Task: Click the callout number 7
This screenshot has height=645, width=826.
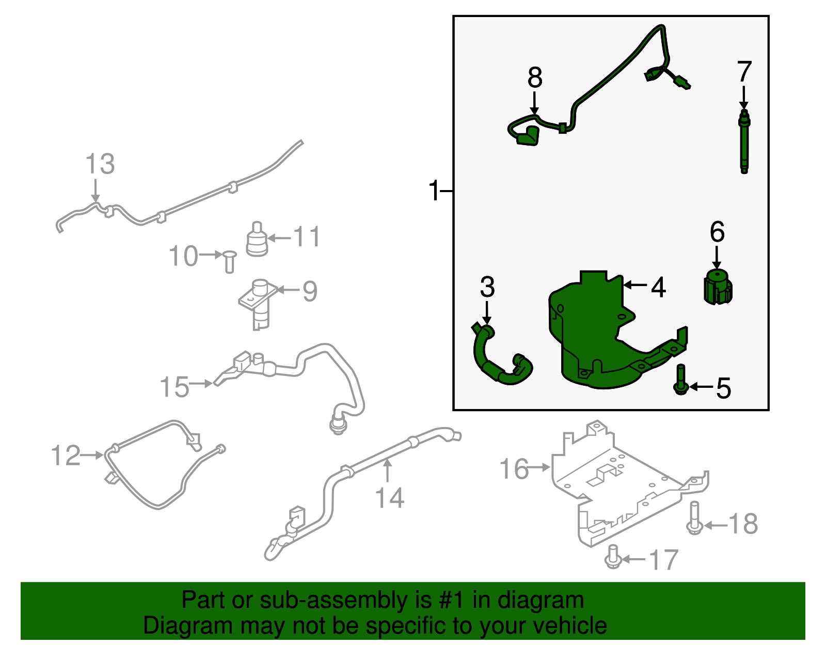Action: pos(744,72)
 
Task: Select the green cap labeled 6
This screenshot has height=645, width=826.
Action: pos(718,288)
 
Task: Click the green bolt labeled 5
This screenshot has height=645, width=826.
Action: pos(681,381)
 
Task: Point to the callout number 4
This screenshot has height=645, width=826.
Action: pos(658,287)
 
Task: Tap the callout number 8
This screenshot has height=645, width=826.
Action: pos(535,78)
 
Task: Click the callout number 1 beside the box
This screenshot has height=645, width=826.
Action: pos(434,191)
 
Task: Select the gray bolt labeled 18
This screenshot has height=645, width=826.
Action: pos(694,518)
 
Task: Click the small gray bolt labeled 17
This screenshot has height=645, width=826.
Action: pos(613,557)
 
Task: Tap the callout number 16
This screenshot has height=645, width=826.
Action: pos(514,469)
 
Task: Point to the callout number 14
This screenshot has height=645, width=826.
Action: pos(389,498)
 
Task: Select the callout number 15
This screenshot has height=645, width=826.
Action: pos(174,387)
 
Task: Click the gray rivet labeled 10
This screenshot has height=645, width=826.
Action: pos(229,261)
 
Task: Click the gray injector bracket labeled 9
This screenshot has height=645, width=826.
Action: pos(258,305)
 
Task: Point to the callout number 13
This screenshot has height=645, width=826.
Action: pos(100,164)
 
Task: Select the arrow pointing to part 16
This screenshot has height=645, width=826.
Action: pos(541,467)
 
